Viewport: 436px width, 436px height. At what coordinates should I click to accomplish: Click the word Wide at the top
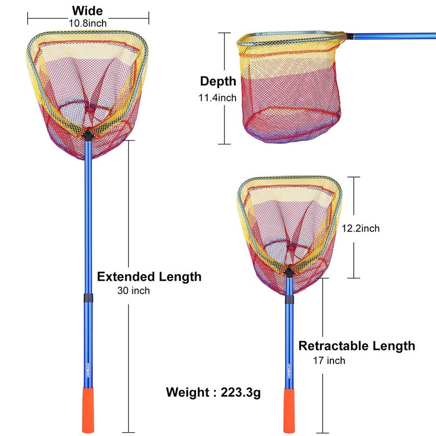tap(87, 11)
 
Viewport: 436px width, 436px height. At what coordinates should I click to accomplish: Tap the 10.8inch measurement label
tap(88, 23)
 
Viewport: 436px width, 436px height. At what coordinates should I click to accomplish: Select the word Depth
tap(218, 81)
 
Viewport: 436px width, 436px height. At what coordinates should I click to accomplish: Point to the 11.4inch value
tap(218, 98)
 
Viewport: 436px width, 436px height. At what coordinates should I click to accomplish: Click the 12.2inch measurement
tap(360, 228)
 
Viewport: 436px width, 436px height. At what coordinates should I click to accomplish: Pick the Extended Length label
tap(149, 276)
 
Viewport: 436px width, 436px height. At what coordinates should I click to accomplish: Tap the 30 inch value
tap(134, 291)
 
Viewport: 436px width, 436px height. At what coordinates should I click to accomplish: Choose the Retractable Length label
tap(356, 346)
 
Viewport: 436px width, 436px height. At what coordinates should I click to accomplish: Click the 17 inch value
tap(329, 360)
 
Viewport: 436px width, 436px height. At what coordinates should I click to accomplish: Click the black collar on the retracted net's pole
tap(289, 299)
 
